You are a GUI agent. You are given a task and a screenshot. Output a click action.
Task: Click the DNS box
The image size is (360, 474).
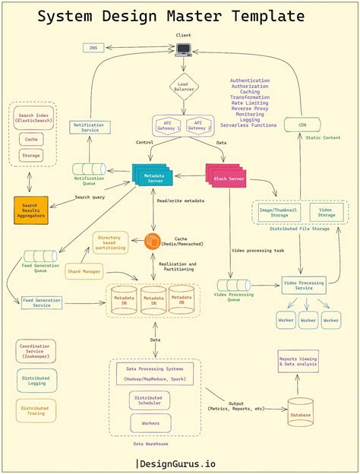pos(93,48)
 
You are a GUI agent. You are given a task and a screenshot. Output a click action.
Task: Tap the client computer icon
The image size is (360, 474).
pos(184,50)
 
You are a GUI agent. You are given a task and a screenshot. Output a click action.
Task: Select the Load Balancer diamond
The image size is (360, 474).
pos(183,86)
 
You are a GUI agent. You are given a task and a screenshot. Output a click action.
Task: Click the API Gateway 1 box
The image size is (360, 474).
pos(167,125)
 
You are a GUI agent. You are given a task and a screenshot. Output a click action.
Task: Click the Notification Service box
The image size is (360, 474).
pos(90,128)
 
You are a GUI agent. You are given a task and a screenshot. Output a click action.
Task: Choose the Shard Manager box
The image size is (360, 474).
pos(84,271)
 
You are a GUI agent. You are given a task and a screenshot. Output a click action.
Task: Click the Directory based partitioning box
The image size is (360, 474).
pos(111,243)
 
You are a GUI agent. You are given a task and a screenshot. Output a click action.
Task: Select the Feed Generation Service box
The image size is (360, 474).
pos(42,302)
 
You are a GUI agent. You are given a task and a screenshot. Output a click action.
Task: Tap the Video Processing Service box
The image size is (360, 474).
pos(304,286)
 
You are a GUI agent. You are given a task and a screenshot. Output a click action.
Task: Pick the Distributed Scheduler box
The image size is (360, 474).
pos(147,400)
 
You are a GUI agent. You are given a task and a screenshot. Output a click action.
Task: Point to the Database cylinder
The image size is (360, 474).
pos(300,411)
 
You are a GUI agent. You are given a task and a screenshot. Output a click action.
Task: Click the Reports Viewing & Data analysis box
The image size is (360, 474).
pos(298,362)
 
